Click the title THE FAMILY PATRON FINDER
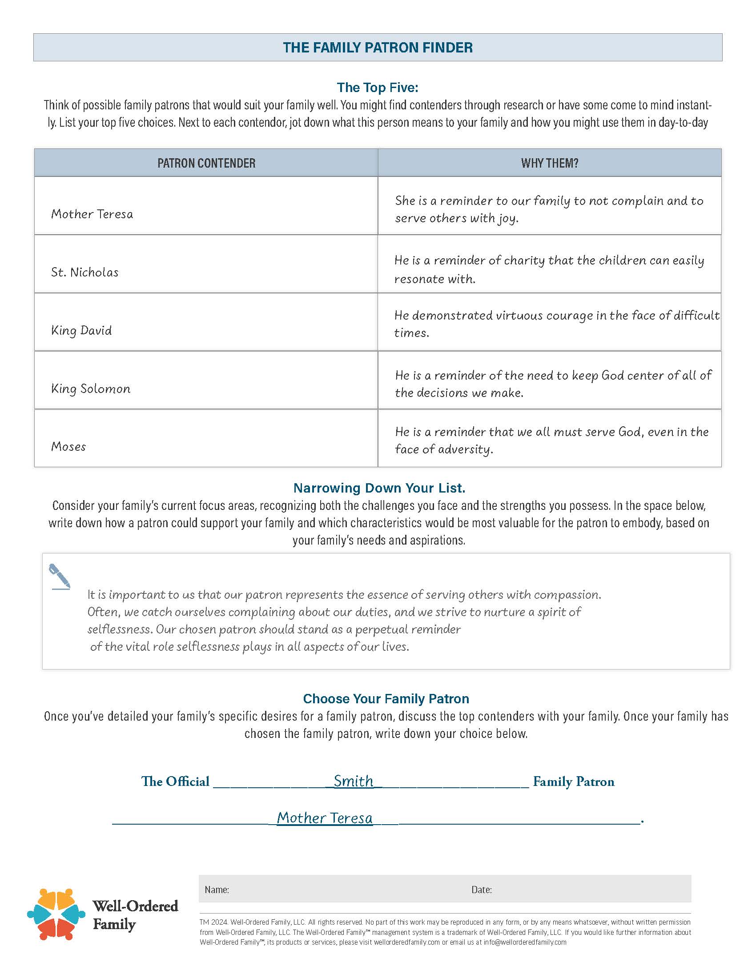(378, 48)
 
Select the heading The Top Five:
(378, 87)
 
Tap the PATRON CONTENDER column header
(206, 163)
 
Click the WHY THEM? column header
(550, 163)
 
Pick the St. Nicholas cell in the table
(84, 272)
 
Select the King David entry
(81, 330)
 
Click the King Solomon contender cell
(91, 389)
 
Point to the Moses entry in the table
(68, 446)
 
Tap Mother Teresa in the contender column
(92, 214)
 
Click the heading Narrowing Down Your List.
(379, 488)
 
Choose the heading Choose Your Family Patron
(386, 698)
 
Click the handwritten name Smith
(354, 781)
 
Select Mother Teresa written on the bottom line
(325, 818)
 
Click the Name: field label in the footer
(217, 890)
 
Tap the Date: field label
(482, 890)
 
